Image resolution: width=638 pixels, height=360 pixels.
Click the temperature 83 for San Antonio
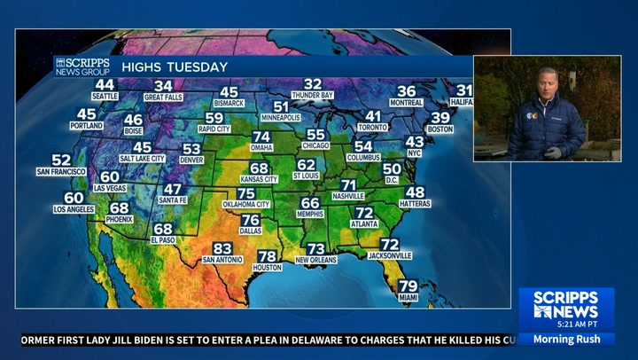tap(222, 248)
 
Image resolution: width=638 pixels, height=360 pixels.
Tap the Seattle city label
tap(105, 95)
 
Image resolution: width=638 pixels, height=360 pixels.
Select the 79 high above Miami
tap(408, 286)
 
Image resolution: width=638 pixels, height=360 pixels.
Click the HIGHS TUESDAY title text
tap(175, 67)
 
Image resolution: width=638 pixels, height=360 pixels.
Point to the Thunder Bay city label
tap(313, 95)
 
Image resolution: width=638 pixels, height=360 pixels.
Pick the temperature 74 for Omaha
tap(261, 137)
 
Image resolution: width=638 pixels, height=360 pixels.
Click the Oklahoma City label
tap(245, 205)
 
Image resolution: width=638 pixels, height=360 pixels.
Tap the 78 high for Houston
tap(267, 256)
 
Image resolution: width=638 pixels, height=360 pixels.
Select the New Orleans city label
tap(316, 260)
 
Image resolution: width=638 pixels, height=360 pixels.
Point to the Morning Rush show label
tap(566, 339)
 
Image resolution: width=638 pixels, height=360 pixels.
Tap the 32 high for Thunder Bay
tap(313, 84)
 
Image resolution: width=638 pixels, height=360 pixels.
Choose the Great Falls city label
tap(163, 97)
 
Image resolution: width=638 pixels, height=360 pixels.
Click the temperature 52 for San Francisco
tap(61, 160)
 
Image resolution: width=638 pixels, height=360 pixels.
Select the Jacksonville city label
tap(390, 255)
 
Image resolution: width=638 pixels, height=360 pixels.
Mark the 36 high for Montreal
tap(406, 91)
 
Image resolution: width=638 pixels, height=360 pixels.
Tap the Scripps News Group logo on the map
tap(82, 67)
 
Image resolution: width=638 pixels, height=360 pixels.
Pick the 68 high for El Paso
tap(163, 229)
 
